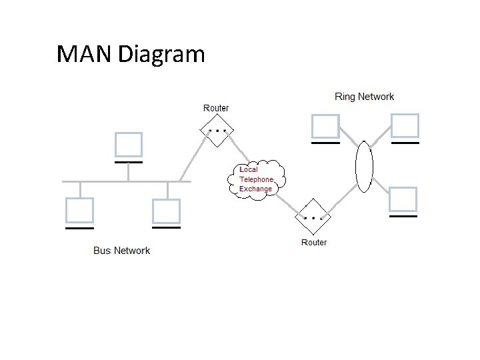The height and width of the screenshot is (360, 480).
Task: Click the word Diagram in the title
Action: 161,53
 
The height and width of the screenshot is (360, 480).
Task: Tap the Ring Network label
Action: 364,97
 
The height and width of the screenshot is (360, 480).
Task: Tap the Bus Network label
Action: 121,251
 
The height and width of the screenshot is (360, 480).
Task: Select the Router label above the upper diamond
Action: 215,108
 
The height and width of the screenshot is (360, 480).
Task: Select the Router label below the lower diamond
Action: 314,242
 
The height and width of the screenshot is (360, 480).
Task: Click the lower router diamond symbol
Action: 313,217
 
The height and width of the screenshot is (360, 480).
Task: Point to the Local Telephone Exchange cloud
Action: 261,178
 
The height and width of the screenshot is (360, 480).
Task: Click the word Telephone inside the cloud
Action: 257,179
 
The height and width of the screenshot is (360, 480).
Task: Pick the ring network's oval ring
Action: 364,167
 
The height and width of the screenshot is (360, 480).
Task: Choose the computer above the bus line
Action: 128,145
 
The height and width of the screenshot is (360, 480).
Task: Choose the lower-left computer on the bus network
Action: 79,211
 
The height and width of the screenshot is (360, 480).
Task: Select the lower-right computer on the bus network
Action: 166,211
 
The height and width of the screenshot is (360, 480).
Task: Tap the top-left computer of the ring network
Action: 325,126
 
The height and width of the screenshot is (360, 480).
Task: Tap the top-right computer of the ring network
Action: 405,126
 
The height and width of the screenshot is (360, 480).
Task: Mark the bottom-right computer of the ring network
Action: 403,199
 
